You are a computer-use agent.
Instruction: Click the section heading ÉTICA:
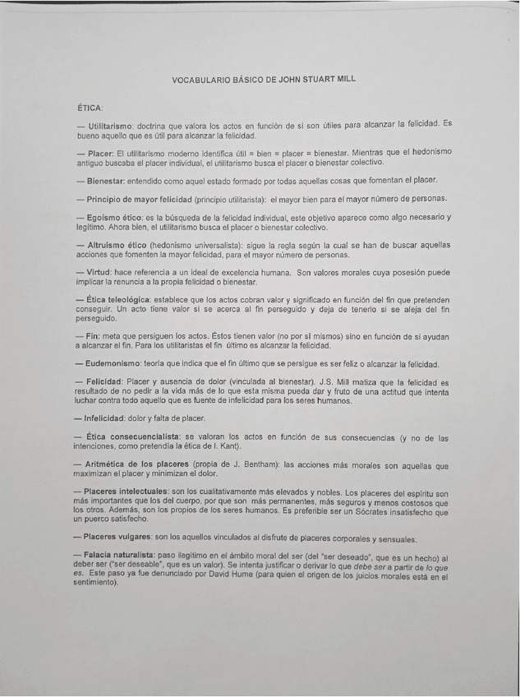(x=89, y=107)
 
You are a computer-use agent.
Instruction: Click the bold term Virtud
(x=100, y=273)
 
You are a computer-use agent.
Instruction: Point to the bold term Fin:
(x=92, y=337)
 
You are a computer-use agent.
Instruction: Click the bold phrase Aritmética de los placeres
(x=138, y=465)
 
